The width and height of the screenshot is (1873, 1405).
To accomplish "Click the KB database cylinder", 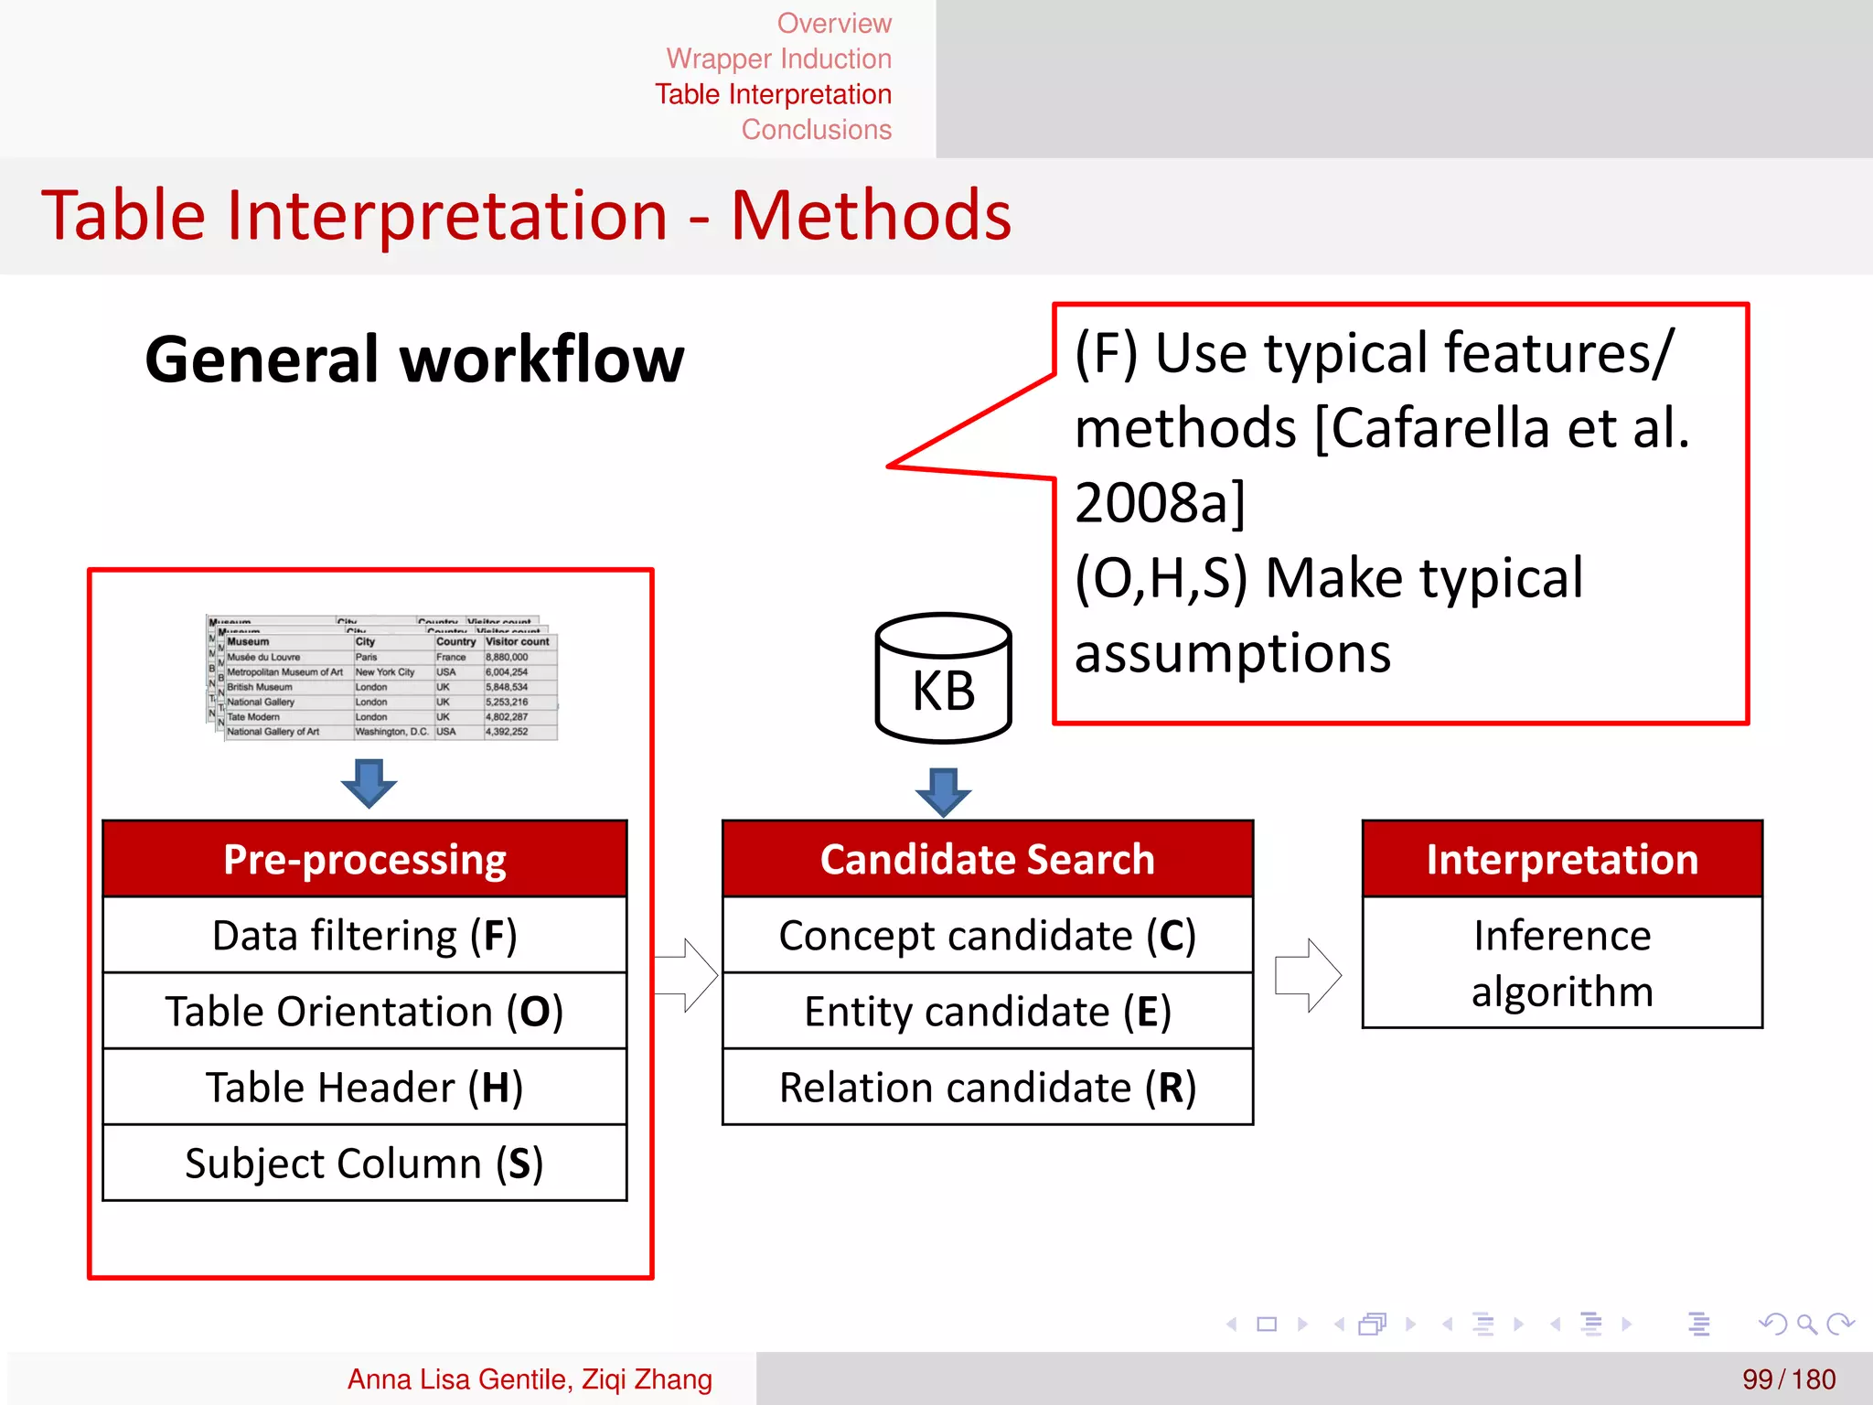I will [943, 679].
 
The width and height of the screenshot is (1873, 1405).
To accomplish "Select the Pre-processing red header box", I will [365, 859].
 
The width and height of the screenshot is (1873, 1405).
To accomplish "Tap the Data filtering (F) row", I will [365, 935].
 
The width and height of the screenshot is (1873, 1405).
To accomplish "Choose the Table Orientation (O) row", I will [365, 1011].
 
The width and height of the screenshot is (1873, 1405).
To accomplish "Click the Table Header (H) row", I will [365, 1087].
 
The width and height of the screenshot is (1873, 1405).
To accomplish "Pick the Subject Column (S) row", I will [365, 1163].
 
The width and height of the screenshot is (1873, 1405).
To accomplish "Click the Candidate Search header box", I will [987, 859].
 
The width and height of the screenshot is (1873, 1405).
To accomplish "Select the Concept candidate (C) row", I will [987, 935].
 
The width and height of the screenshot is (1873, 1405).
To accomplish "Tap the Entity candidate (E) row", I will [987, 1011].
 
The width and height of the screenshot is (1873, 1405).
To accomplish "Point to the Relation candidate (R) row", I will [987, 1087].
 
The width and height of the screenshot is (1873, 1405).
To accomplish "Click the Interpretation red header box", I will [1562, 859].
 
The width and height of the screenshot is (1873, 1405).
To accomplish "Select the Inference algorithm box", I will [1562, 962].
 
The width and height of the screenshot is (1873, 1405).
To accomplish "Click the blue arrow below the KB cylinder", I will [943, 791].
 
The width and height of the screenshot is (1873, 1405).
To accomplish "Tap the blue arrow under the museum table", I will [369, 782].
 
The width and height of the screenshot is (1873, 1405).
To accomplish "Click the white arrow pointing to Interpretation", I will [1309, 975].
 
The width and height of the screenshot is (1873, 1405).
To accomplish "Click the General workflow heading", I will [414, 359].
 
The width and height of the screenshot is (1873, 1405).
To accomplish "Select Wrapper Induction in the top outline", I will [778, 59].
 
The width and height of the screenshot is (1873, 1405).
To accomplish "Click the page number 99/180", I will [1788, 1378].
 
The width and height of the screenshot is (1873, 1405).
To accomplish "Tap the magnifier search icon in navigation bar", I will [1806, 1324].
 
